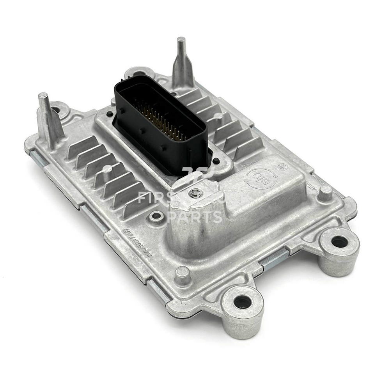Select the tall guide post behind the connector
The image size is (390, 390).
coord(182,62)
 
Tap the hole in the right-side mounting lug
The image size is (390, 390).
coord(339,242)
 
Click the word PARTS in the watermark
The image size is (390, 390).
coord(195,217)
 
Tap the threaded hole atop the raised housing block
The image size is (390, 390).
coord(195,193)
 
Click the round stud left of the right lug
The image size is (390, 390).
coord(325,193)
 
